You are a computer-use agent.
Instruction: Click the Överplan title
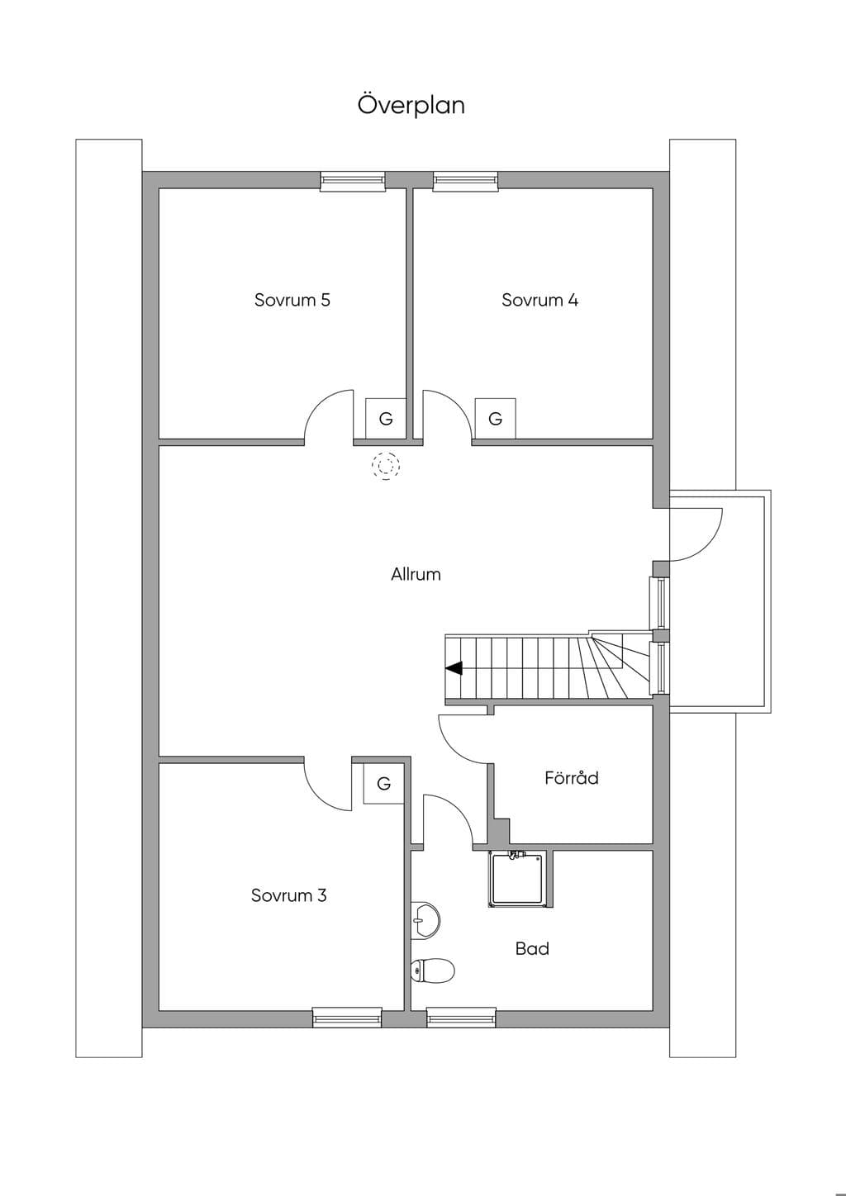point(411,105)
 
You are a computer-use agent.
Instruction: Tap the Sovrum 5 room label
point(292,300)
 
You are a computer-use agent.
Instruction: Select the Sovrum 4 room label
point(539,300)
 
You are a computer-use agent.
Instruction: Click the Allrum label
point(416,575)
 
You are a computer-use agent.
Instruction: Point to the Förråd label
point(571,777)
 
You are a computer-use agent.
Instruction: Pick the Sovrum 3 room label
point(288,895)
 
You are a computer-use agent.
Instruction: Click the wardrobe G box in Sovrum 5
point(386,419)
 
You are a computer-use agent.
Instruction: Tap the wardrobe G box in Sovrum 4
point(495,419)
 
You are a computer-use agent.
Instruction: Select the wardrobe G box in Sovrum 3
point(383,784)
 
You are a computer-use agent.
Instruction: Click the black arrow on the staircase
point(454,668)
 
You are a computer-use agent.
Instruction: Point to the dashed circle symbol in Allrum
point(386,466)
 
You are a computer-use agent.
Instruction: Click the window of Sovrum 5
point(353,181)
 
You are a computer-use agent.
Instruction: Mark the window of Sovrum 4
point(466,181)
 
